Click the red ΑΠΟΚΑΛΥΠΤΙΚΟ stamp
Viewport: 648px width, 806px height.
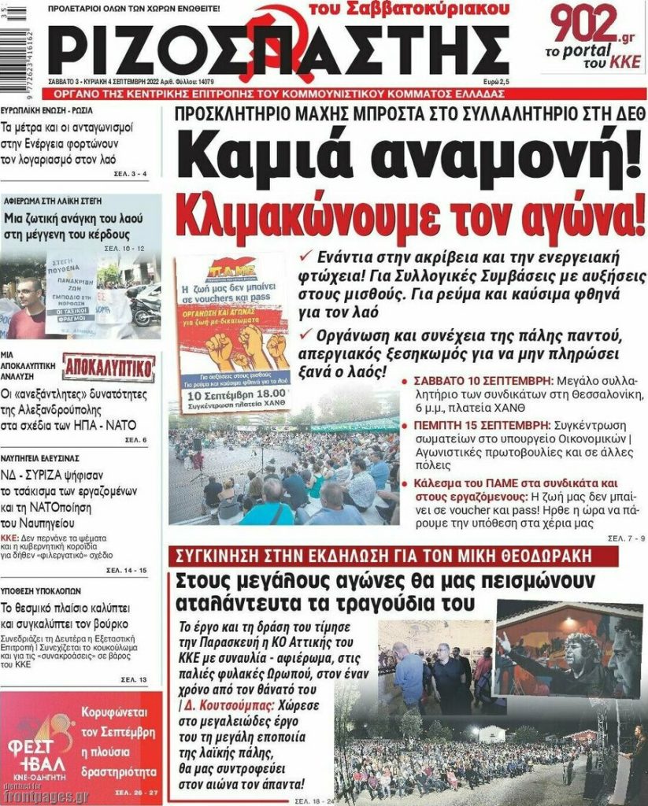109,367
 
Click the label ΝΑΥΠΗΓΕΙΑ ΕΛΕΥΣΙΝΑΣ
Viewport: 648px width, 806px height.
40,457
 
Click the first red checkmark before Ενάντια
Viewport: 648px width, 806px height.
307,257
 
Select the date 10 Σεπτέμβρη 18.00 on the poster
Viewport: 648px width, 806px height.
232,396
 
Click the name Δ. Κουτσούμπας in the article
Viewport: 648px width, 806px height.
225,706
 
